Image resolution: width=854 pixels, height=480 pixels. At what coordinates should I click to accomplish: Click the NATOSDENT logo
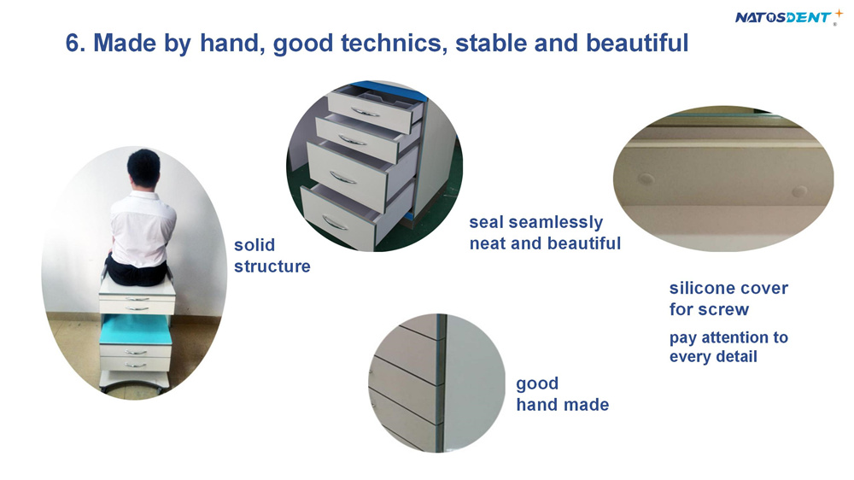click(x=788, y=17)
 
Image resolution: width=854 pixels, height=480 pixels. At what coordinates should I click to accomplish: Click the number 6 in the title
click(x=73, y=43)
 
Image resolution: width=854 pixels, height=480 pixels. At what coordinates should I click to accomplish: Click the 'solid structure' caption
click(x=272, y=255)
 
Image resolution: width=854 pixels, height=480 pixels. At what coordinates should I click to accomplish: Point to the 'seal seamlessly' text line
click(x=536, y=222)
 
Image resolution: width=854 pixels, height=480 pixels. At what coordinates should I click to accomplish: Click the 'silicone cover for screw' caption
click(x=728, y=298)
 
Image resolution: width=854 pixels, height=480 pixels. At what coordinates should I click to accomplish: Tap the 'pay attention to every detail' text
click(x=728, y=347)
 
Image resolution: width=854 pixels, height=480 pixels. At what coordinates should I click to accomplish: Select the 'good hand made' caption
click(x=563, y=394)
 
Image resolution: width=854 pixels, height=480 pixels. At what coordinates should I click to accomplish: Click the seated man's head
click(x=143, y=168)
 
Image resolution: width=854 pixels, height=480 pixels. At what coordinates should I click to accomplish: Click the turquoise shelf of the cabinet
click(x=136, y=330)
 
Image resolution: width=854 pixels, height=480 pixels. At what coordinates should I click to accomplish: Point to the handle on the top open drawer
click(x=366, y=112)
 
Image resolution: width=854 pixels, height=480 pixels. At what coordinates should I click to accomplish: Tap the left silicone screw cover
click(x=646, y=179)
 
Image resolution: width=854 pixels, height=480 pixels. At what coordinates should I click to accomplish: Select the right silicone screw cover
click(x=799, y=191)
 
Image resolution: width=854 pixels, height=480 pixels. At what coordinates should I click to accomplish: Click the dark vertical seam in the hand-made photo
click(x=442, y=383)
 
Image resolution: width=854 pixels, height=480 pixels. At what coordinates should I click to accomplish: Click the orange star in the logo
click(x=839, y=14)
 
